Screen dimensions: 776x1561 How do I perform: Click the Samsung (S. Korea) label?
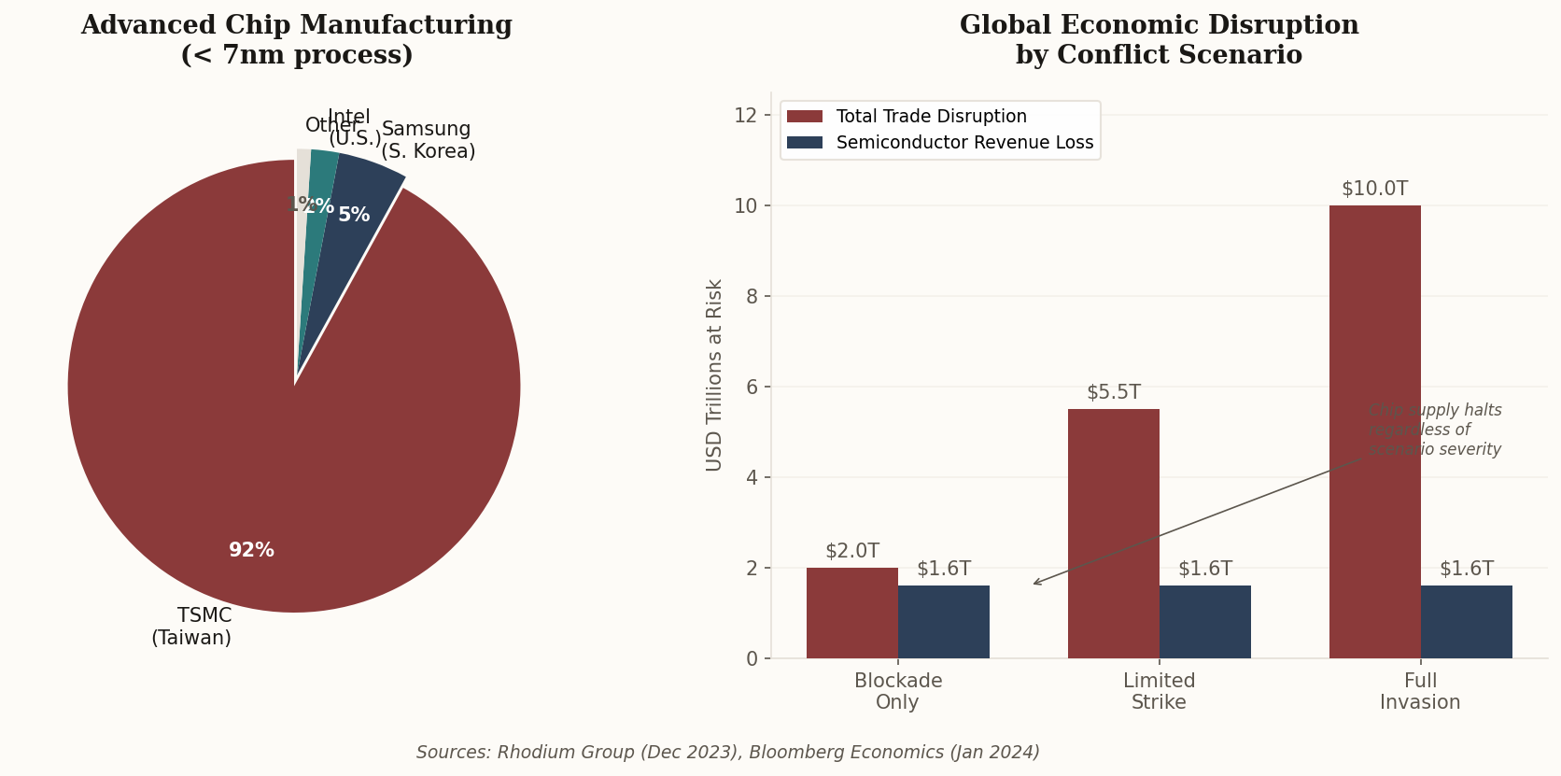click(428, 140)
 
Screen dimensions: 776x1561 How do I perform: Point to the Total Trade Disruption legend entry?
click(931, 117)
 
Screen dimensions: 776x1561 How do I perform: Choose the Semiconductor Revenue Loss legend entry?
click(964, 143)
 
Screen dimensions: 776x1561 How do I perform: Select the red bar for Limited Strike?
click(1113, 533)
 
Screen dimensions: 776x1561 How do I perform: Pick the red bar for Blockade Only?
click(851, 613)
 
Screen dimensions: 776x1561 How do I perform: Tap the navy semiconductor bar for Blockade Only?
click(943, 622)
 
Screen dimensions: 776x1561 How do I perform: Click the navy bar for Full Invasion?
click(1466, 622)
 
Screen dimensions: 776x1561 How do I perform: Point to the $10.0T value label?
click(1374, 189)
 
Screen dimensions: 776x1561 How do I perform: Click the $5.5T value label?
click(1113, 392)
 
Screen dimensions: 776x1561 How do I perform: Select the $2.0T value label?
click(851, 551)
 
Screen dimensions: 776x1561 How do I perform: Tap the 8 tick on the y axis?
click(752, 296)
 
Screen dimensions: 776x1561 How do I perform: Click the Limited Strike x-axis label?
click(1159, 691)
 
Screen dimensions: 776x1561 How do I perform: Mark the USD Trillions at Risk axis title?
click(714, 374)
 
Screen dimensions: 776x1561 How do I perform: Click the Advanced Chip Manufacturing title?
click(296, 39)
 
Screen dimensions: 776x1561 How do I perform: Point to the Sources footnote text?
click(727, 753)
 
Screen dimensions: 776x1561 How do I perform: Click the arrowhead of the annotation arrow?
click(1034, 584)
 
